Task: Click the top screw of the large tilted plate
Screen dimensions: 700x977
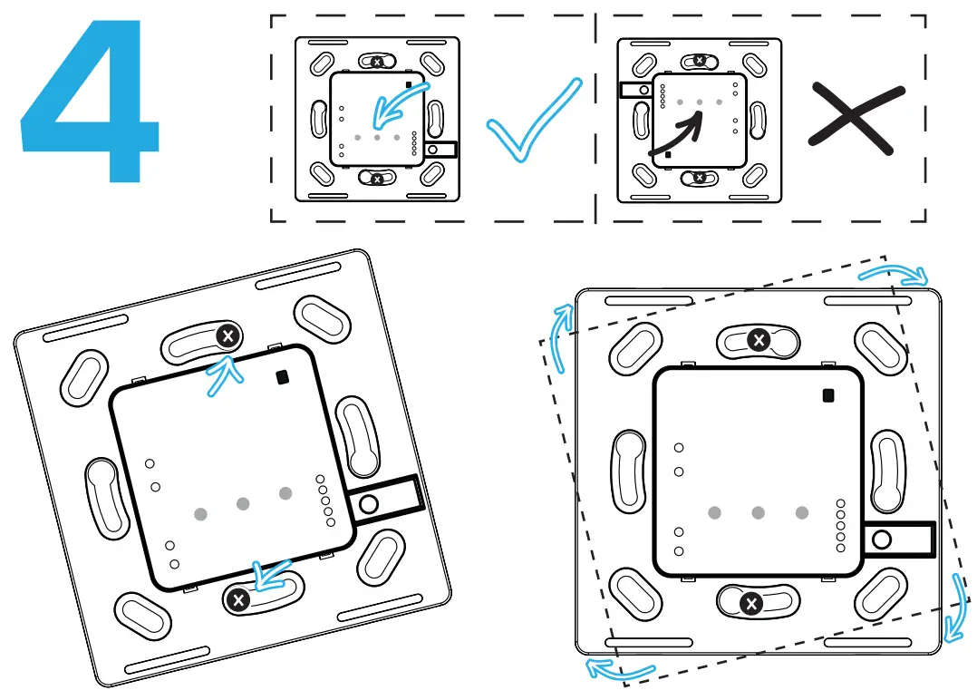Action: (227, 336)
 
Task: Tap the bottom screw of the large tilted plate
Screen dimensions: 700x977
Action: (238, 598)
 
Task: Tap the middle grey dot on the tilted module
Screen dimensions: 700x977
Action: (242, 504)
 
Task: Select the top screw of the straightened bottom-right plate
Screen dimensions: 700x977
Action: (759, 340)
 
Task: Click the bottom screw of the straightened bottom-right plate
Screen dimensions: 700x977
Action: (750, 603)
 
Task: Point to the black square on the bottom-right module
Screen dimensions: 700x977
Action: (827, 394)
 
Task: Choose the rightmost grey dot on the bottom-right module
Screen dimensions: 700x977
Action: (802, 512)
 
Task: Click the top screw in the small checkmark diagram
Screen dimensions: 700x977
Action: (377, 62)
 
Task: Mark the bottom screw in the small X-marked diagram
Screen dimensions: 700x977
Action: (700, 179)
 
